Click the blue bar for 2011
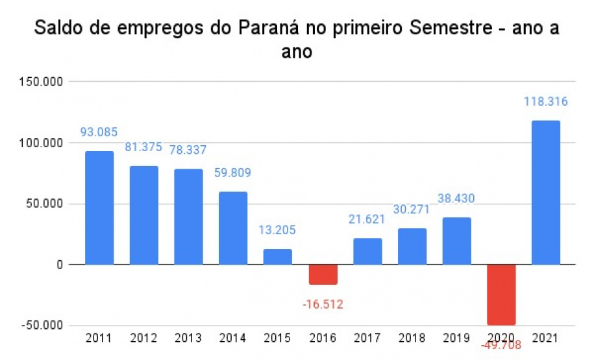[99, 208]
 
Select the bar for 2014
[232, 228]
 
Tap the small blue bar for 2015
[277, 256]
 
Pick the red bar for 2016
[322, 274]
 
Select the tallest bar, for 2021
[545, 193]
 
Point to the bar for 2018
[412, 246]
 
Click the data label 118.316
[546, 102]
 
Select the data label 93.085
[99, 132]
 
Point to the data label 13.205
[277, 230]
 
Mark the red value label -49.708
[501, 345]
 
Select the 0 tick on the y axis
[59, 265]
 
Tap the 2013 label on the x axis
[188, 338]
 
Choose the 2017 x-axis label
[367, 338]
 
